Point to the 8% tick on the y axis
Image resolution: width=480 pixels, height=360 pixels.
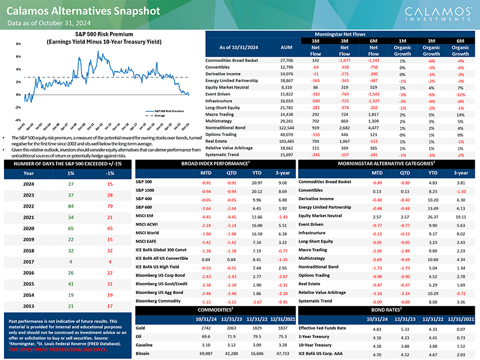(19, 44)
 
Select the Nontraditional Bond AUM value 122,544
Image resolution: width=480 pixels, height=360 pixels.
(286, 126)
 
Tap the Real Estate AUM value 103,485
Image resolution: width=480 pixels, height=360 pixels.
(286, 140)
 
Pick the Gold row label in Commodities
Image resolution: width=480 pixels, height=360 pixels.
(141, 328)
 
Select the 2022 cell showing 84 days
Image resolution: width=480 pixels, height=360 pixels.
(71, 206)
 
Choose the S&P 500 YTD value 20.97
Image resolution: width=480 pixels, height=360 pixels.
(257, 182)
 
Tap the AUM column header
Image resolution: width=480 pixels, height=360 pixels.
(286, 47)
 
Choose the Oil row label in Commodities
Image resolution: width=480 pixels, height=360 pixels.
(139, 336)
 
